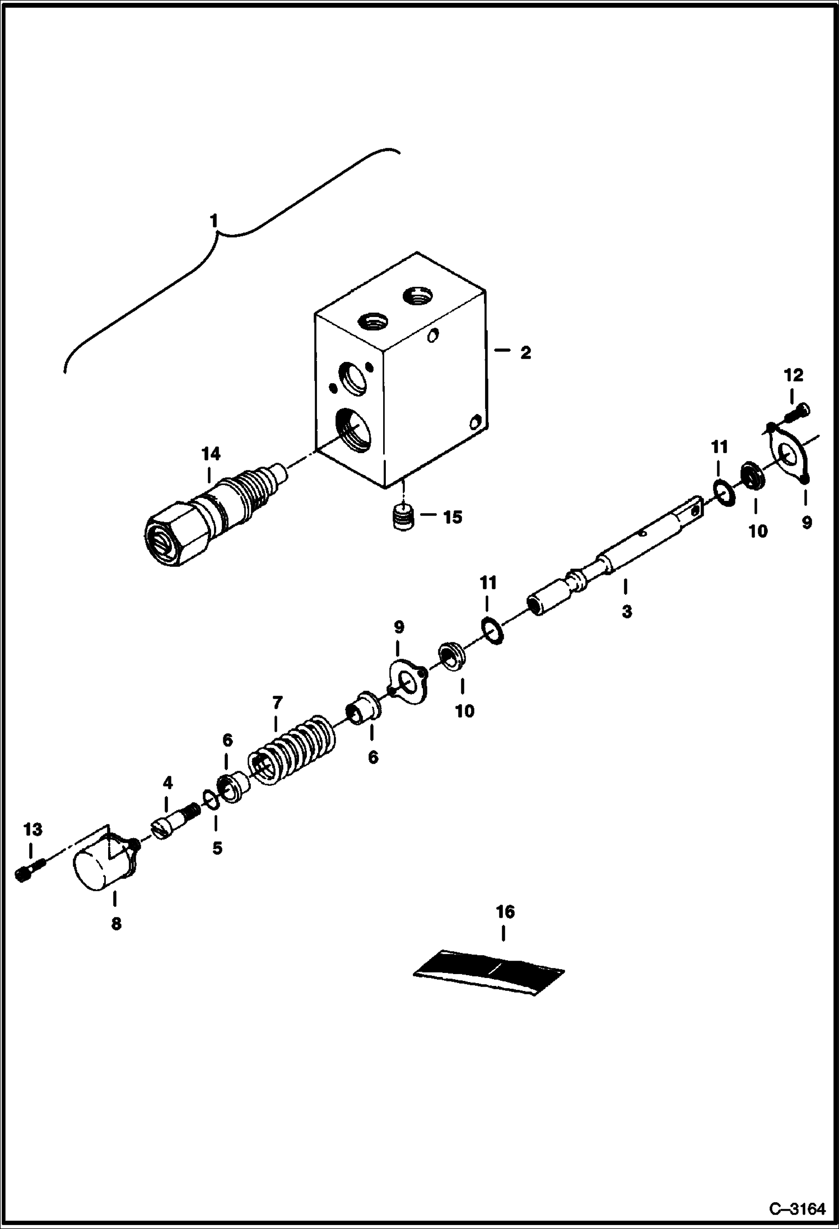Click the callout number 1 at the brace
pos(213,222)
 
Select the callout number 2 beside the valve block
pos(525,353)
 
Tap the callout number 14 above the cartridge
pos(211,454)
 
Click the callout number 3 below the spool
pos(626,612)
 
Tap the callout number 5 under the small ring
pos(217,849)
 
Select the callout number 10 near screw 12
pos(758,532)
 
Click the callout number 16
pos(505,912)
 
